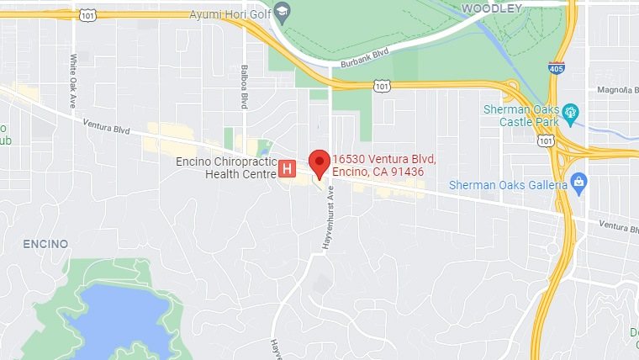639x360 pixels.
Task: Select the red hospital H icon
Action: [x=287, y=169]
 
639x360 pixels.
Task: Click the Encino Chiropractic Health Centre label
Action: [x=224, y=167]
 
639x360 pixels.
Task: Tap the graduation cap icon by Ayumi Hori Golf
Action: [x=283, y=12]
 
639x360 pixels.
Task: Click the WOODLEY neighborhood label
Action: [x=492, y=8]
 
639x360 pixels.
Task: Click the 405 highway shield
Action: [x=556, y=66]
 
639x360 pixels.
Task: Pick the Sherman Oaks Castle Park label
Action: [x=521, y=116]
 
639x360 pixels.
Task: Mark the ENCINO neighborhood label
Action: [x=45, y=243]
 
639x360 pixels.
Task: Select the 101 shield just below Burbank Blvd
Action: [x=383, y=86]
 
